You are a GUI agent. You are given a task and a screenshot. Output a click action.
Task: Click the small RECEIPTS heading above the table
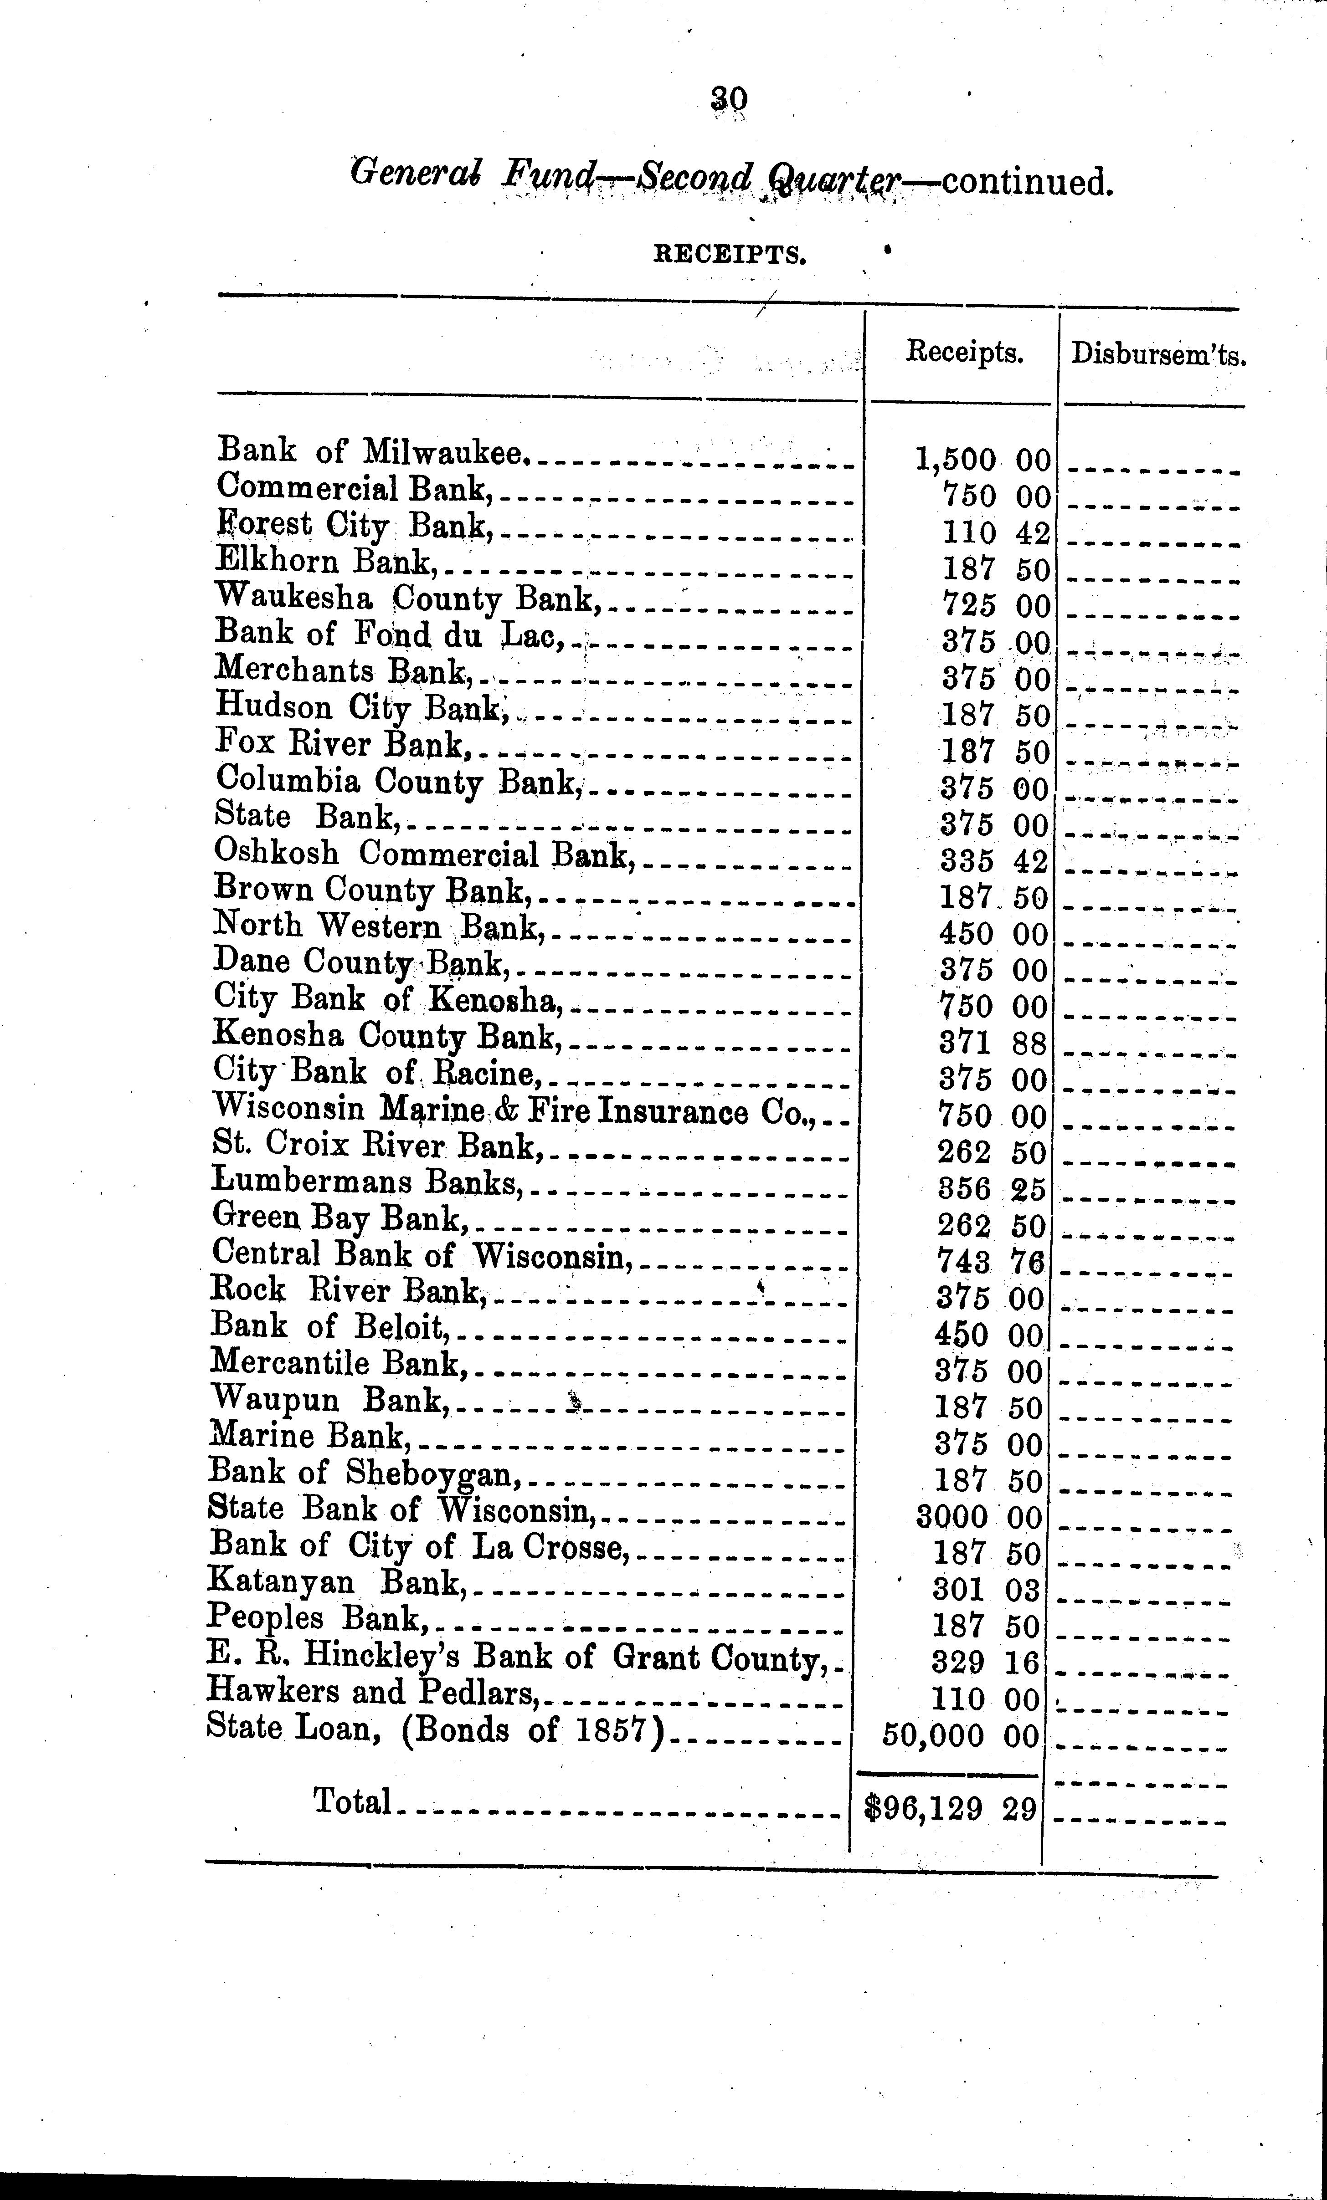point(730,256)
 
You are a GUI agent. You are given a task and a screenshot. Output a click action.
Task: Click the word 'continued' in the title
point(1027,182)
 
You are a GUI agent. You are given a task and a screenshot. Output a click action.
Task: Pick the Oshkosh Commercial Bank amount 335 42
point(993,861)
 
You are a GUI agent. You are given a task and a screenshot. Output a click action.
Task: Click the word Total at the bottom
point(353,1802)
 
